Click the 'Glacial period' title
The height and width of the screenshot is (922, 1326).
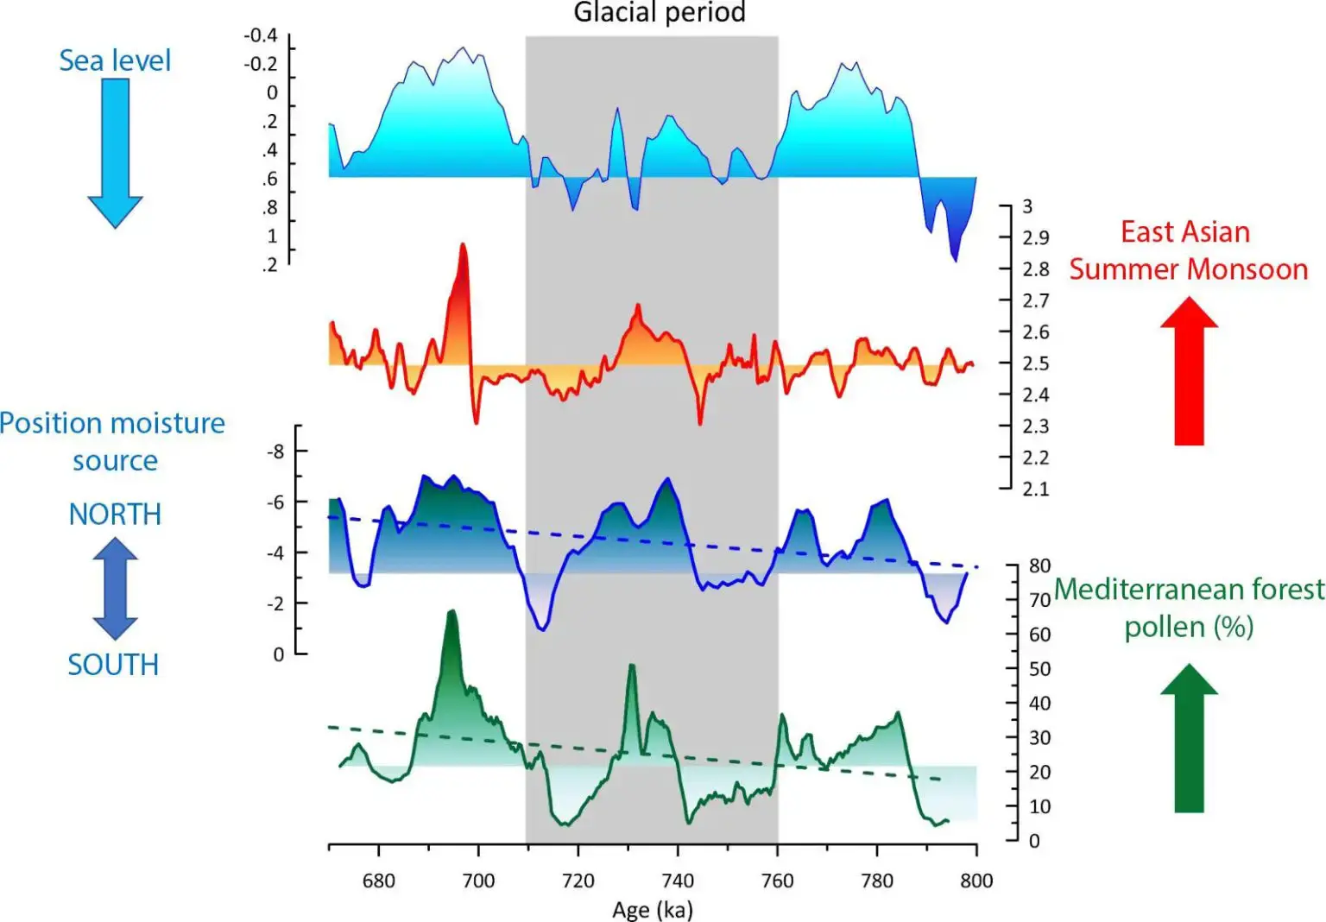point(660,12)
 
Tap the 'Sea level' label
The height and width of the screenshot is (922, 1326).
point(115,60)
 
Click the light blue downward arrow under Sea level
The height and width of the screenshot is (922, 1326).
point(115,152)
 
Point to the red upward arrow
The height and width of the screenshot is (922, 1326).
point(1189,371)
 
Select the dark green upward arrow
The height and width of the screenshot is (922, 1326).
point(1189,738)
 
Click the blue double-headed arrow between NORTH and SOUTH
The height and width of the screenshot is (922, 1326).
point(115,589)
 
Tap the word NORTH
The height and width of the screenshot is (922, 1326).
point(115,515)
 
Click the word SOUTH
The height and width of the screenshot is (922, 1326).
point(113,665)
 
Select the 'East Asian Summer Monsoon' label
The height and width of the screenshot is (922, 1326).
point(1188,250)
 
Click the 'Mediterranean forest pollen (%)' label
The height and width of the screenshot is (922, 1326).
point(1189,608)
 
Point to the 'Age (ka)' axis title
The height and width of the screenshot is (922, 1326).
point(653,910)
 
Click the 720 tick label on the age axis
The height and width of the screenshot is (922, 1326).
point(578,881)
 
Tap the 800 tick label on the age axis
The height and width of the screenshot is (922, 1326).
point(976,881)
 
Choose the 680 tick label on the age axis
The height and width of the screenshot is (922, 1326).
point(378,881)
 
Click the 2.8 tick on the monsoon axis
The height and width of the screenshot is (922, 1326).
point(1036,269)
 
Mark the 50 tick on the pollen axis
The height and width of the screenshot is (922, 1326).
point(1039,669)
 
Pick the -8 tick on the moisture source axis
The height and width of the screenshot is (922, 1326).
point(275,452)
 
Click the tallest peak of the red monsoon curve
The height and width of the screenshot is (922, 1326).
point(463,246)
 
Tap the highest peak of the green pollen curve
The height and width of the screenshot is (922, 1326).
point(451,612)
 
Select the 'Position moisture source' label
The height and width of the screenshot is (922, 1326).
point(112,441)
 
